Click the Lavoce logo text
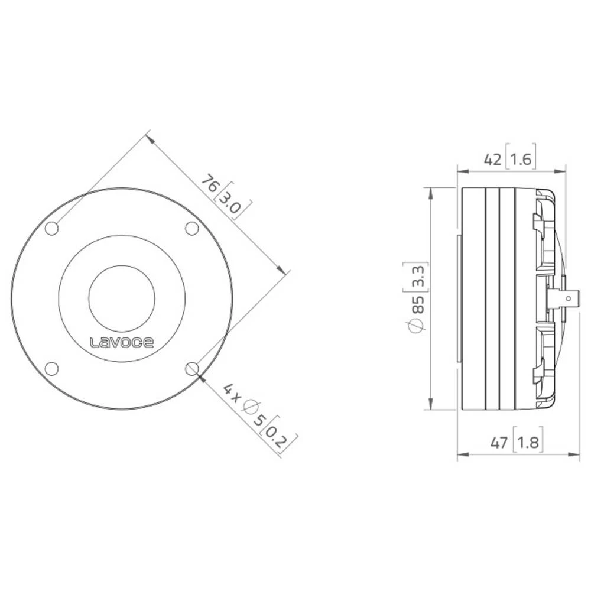coord(122,342)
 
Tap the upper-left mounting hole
coord(52,228)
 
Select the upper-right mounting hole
coord(191,228)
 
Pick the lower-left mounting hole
coord(52,369)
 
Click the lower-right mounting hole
coord(191,369)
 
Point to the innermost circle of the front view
coord(122,298)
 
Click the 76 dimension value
coord(209,184)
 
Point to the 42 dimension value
coord(493,159)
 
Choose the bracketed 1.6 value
coord(521,159)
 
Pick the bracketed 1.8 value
coord(528,442)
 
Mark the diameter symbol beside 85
coord(418,326)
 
